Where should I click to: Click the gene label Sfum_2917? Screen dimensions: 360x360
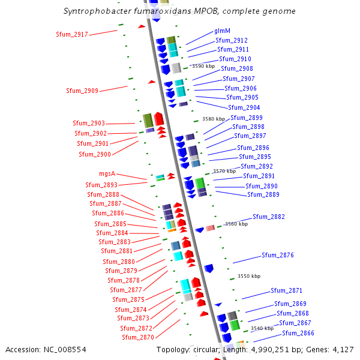point(71,34)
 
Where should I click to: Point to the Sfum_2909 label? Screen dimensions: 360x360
point(82,91)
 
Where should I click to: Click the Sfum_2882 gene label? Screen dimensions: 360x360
point(268,217)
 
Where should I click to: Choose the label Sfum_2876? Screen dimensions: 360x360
point(277,255)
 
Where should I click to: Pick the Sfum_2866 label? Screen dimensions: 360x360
point(298,333)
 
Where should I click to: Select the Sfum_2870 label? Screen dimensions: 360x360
point(138,337)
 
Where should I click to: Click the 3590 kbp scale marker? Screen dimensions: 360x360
point(203,66)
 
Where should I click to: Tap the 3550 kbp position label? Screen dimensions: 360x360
point(249,276)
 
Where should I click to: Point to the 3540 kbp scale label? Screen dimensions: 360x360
point(262,328)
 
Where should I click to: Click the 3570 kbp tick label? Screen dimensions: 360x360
point(224,171)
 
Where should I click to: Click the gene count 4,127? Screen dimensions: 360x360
point(343,349)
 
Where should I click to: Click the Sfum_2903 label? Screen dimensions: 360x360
point(89,123)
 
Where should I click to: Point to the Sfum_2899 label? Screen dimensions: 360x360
point(247,118)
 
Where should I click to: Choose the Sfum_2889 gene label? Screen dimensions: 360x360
point(263,194)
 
